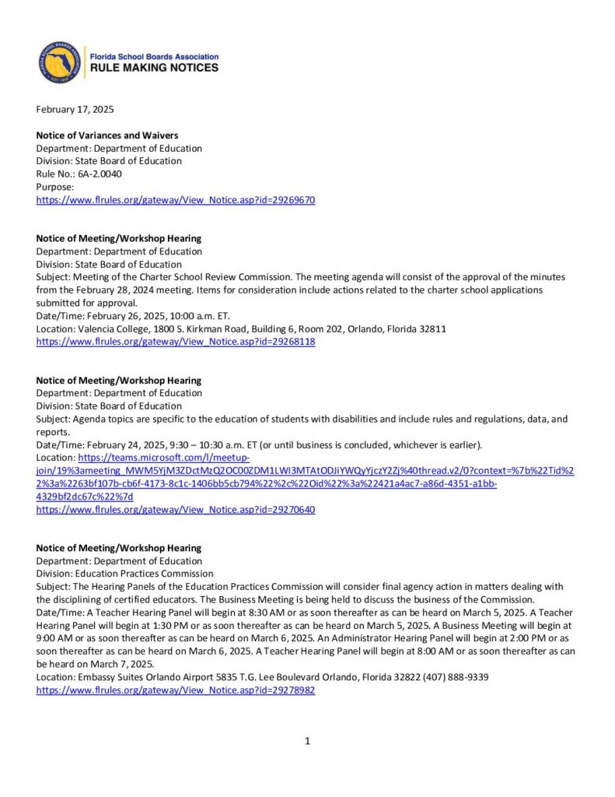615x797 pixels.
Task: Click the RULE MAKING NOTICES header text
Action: click(154, 68)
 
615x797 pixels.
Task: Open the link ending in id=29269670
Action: click(176, 200)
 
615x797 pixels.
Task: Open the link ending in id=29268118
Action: click(176, 342)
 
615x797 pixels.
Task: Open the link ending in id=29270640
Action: click(176, 510)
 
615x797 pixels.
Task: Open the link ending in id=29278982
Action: click(176, 690)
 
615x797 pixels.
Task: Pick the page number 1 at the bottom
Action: click(307, 741)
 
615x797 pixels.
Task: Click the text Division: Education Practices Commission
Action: click(124, 574)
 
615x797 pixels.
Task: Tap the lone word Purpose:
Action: click(55, 187)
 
